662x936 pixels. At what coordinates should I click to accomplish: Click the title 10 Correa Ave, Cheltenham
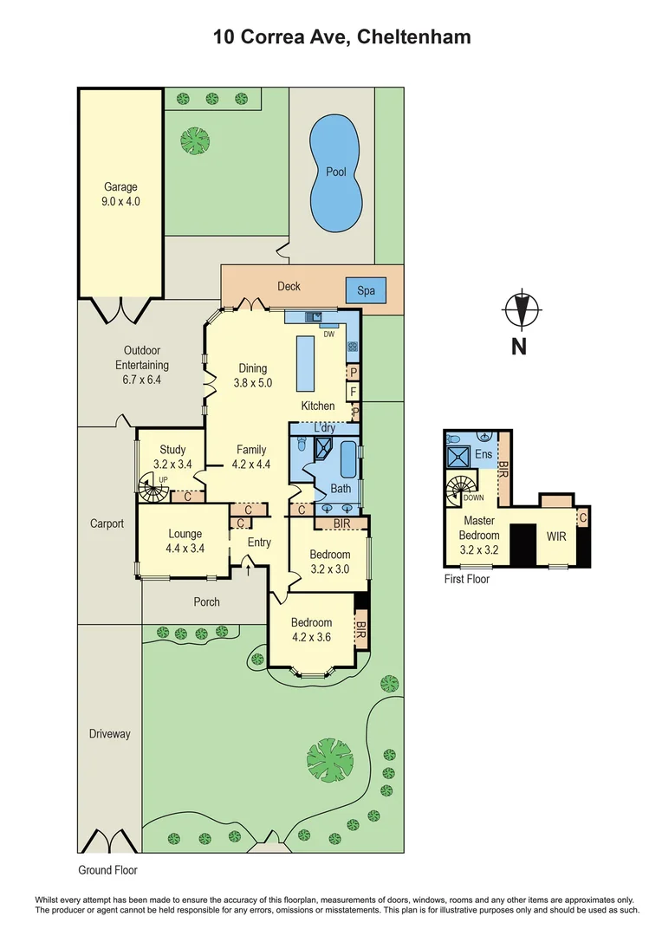[x=342, y=37]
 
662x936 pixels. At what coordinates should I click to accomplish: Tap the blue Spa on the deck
[x=366, y=290]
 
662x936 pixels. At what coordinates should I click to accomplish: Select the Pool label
[x=336, y=172]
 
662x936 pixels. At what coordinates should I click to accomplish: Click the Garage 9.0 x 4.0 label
[x=121, y=194]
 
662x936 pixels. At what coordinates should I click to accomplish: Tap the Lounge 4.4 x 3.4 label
[x=185, y=541]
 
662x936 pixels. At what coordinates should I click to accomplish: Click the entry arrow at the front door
[x=250, y=569]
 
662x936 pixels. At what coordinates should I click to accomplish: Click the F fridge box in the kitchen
[x=354, y=391]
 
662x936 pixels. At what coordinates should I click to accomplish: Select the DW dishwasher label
[x=328, y=334]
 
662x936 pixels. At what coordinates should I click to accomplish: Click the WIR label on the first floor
[x=555, y=536]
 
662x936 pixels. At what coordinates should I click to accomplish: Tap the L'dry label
[x=325, y=428]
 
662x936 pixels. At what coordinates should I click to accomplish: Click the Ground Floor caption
[x=107, y=870]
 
